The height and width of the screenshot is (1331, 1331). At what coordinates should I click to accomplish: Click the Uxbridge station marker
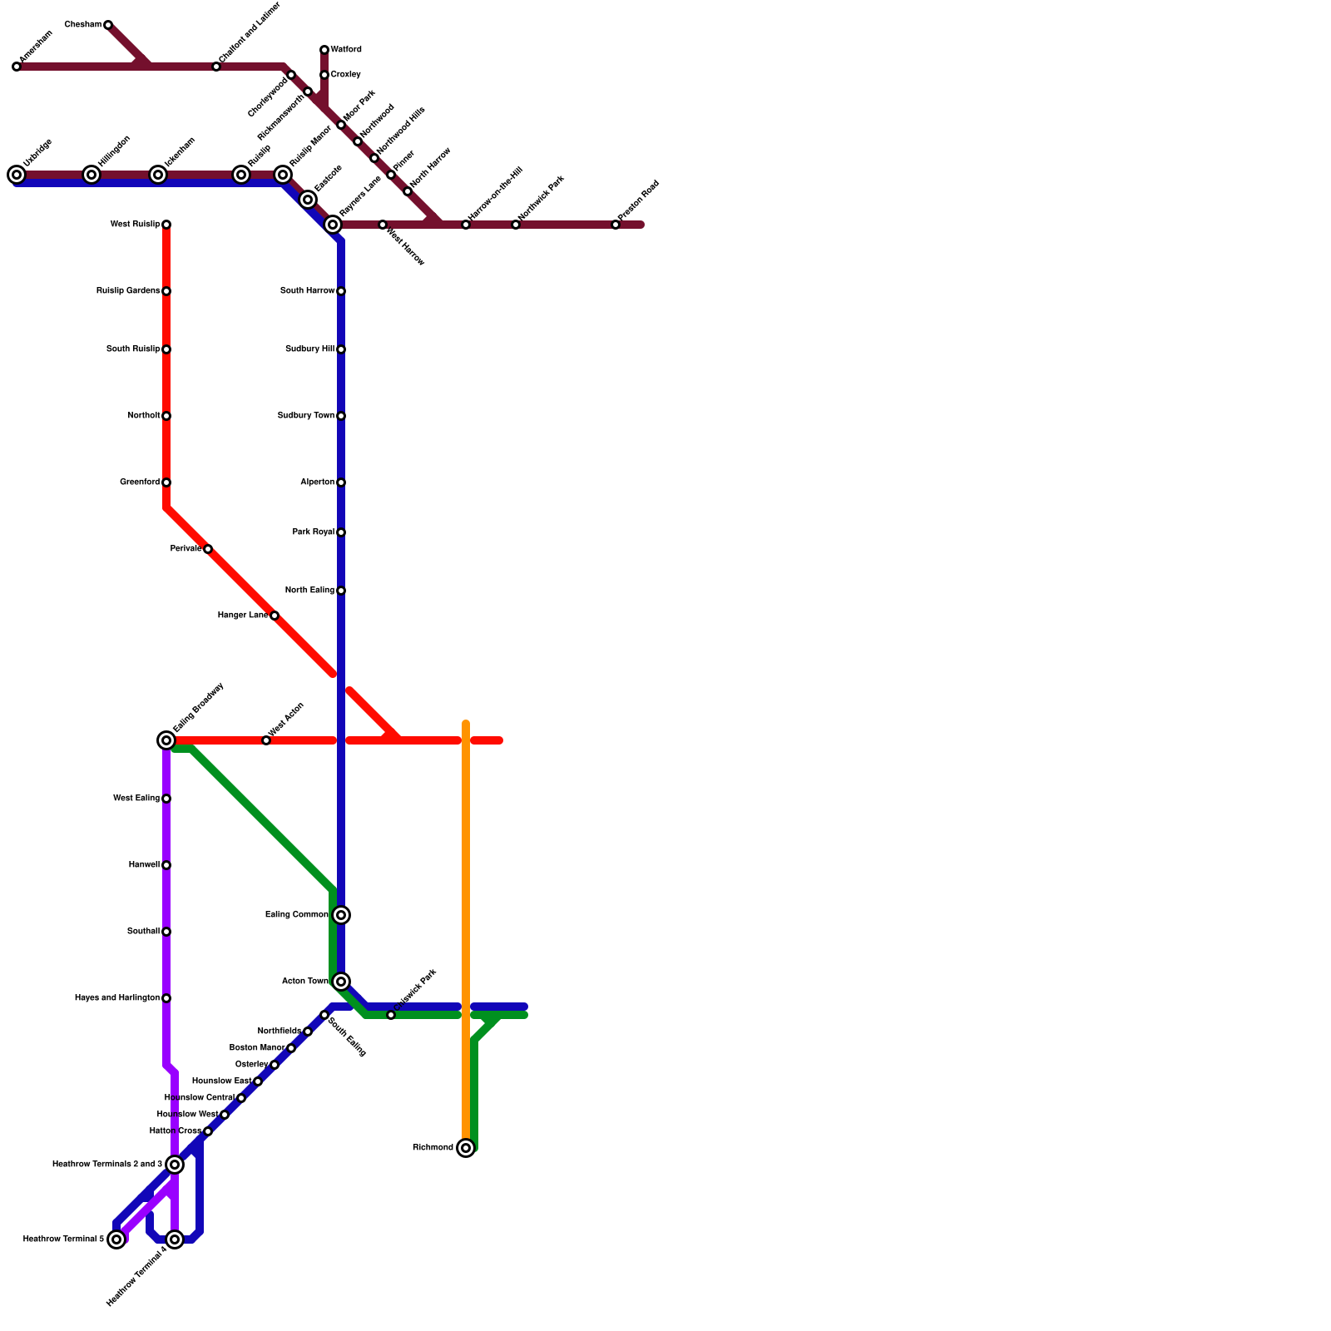[17, 175]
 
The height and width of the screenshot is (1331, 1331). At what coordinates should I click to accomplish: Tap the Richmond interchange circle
[466, 1148]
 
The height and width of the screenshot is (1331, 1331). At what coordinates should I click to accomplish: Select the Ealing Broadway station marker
[166, 740]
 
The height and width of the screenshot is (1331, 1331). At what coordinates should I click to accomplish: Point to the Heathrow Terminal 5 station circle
[117, 1239]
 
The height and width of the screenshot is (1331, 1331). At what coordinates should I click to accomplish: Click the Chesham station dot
[108, 25]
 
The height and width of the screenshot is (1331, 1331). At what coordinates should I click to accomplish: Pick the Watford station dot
[324, 50]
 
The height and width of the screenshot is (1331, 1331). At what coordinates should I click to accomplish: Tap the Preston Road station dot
[616, 225]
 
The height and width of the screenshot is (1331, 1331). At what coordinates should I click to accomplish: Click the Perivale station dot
[208, 549]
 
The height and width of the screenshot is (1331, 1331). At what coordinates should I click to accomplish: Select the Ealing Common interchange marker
[341, 915]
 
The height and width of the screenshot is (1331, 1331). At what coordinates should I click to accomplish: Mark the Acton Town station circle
[341, 982]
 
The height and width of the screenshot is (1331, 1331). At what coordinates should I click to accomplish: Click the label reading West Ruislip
[135, 225]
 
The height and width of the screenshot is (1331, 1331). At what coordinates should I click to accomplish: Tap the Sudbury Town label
[305, 416]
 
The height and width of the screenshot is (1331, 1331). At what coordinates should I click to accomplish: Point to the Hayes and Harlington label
[116, 998]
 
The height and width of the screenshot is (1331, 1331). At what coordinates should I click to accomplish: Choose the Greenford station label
[139, 482]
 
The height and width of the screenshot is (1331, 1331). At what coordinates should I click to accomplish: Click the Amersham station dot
[17, 67]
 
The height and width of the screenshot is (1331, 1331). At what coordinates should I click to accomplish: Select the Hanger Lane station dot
[275, 616]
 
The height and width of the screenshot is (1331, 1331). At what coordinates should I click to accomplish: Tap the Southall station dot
[166, 932]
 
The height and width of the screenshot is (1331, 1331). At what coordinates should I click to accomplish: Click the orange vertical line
[466, 873]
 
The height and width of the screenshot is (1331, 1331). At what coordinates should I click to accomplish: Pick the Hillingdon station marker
[92, 175]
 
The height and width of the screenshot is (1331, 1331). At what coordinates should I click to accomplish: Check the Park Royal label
[313, 532]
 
